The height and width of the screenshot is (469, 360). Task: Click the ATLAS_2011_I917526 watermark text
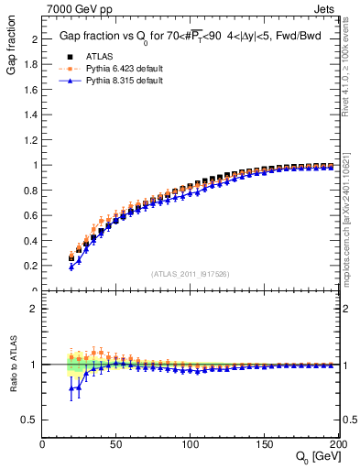click(x=191, y=274)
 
